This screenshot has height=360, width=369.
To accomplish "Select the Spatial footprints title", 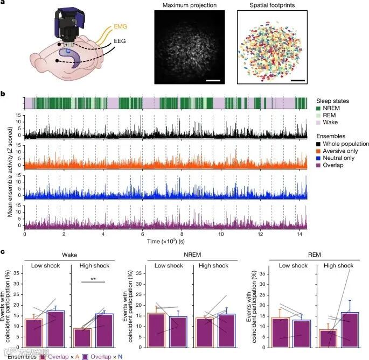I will pyautogui.click(x=271, y=5).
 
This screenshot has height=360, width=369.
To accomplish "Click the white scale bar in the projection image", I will pyautogui.click(x=214, y=81).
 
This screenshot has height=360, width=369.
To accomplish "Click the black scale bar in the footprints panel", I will pyautogui.click(x=297, y=81).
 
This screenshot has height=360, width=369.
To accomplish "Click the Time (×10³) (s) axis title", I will pyautogui.click(x=166, y=242).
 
